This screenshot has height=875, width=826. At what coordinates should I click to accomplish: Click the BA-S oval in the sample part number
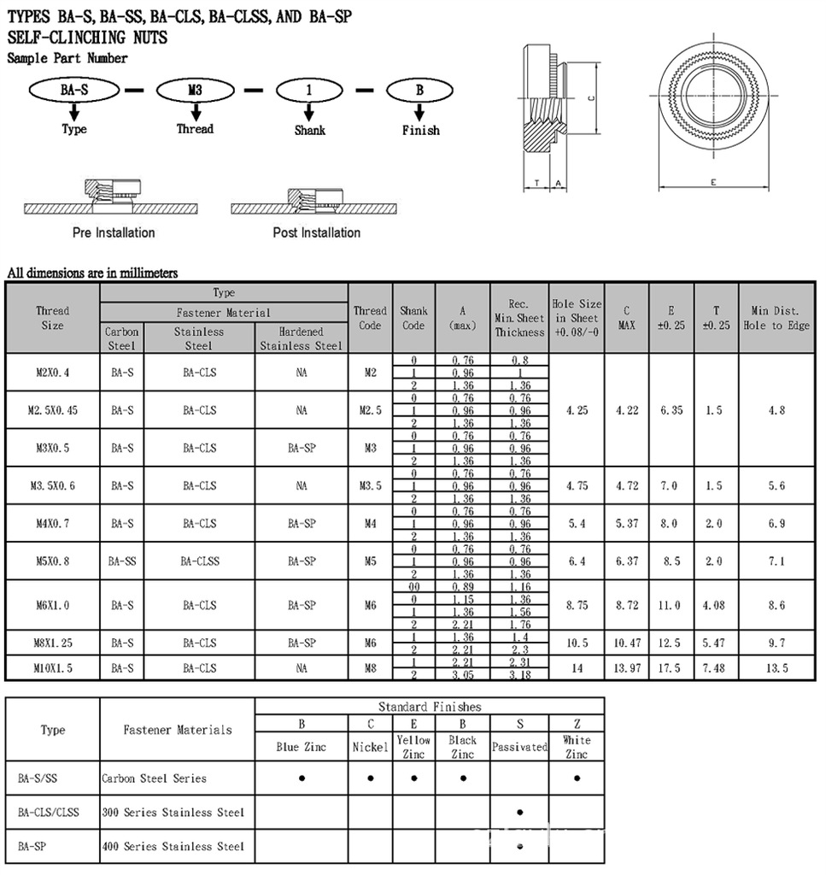74,90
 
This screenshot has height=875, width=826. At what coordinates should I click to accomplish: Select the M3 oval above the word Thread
196,90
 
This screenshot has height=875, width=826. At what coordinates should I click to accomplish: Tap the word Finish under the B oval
420,130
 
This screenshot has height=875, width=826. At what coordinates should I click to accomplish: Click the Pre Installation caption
114,232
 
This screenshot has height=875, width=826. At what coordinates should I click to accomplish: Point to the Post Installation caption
316,232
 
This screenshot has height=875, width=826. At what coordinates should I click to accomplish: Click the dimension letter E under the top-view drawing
712,182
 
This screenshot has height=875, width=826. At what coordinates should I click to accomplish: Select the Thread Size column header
52,318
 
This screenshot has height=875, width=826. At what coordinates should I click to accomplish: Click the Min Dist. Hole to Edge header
776,318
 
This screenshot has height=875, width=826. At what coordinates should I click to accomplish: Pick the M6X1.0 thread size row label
52,605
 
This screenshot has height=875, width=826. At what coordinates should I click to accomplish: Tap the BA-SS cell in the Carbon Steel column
122,561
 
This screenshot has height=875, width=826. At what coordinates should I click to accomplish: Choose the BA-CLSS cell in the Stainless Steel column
199,561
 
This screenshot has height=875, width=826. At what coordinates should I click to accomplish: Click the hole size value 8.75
577,605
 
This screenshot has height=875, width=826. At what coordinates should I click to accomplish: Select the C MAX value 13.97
626,668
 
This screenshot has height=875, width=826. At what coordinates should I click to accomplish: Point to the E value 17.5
671,668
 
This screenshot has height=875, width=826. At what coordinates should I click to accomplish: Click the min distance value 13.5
776,668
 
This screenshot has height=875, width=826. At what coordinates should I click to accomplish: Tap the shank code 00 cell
413,586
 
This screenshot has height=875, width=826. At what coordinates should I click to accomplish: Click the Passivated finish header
519,747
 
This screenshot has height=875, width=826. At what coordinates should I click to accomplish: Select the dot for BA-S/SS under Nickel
370,778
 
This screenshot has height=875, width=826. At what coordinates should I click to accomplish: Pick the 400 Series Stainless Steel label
173,846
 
